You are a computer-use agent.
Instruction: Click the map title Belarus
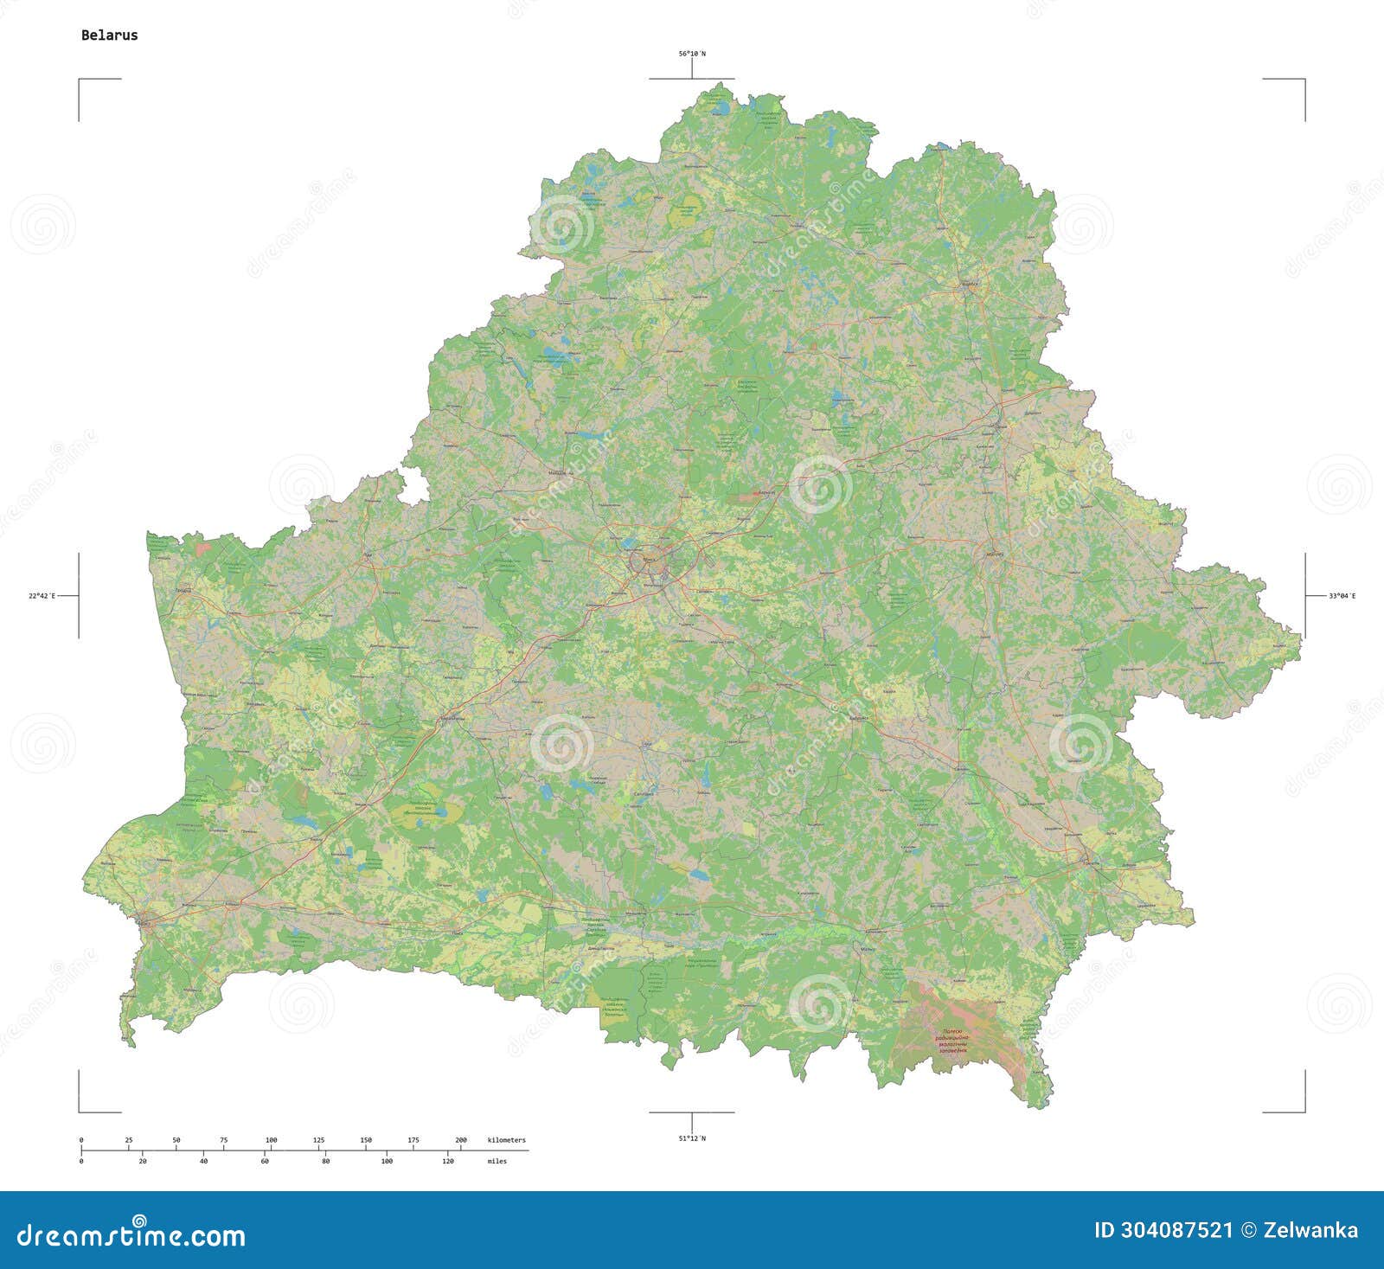tap(109, 35)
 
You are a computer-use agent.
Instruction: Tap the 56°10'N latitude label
tap(691, 54)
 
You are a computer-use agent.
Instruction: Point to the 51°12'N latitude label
tap(691, 1138)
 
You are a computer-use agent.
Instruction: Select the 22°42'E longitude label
tap(41, 596)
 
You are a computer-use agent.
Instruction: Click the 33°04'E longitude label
tap(1342, 596)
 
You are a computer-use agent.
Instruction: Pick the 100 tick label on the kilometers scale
tap(271, 1140)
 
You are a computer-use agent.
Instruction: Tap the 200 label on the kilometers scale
tap(461, 1140)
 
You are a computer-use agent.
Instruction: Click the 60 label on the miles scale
tap(265, 1161)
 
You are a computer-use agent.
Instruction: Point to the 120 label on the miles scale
tap(448, 1161)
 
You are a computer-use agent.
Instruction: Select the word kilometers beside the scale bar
tap(506, 1140)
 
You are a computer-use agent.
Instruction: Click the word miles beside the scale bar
tap(497, 1161)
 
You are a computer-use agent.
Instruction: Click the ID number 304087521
tap(1163, 1230)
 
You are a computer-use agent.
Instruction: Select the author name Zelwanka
tap(1310, 1230)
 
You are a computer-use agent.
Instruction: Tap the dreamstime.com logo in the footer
tap(131, 1234)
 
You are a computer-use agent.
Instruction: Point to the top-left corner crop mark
tap(80, 80)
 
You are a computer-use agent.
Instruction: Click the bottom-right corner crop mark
tap(1304, 1111)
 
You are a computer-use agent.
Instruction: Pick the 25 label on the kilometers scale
tap(129, 1140)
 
